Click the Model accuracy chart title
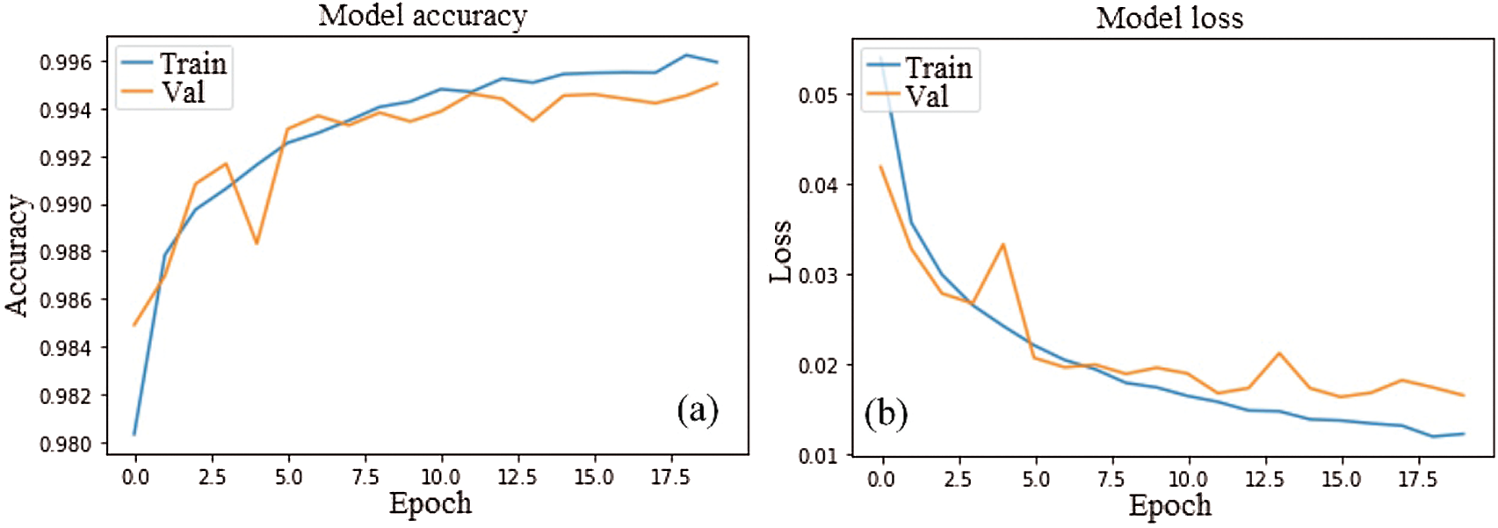tap(423, 16)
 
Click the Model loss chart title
tap(1169, 18)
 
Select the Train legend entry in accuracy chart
tap(192, 63)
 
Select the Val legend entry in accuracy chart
tap(183, 92)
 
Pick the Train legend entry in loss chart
tap(938, 68)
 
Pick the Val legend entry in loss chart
tap(927, 96)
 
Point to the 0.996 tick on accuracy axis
tap(66, 62)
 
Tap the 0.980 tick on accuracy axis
tap(66, 444)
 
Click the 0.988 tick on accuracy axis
tap(66, 253)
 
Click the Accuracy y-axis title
tap(17, 255)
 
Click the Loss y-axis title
tap(780, 252)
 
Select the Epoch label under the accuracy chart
tap(431, 503)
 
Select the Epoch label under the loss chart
tap(1169, 505)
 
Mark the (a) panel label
tap(698, 409)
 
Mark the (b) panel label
tap(886, 413)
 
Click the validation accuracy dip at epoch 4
tap(257, 242)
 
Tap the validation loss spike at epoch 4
tap(1002, 245)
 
